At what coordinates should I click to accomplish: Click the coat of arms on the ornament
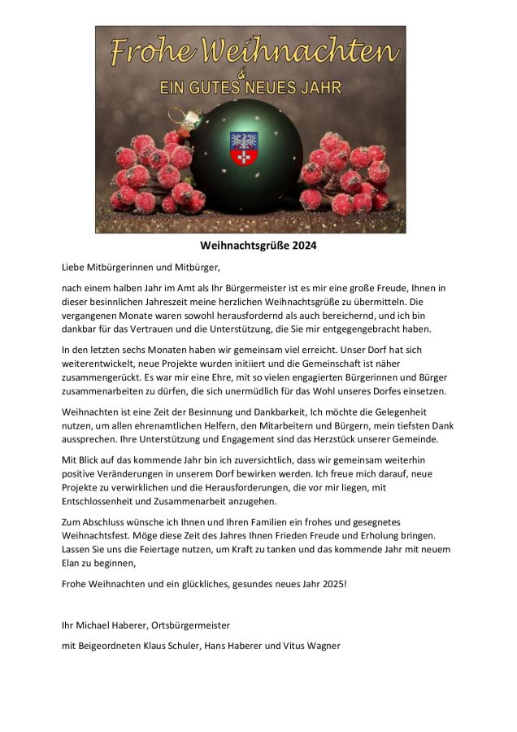(244, 148)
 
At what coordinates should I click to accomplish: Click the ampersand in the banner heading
(250, 72)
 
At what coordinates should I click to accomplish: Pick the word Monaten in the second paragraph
(153, 349)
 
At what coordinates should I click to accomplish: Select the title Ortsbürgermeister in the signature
(192, 625)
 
